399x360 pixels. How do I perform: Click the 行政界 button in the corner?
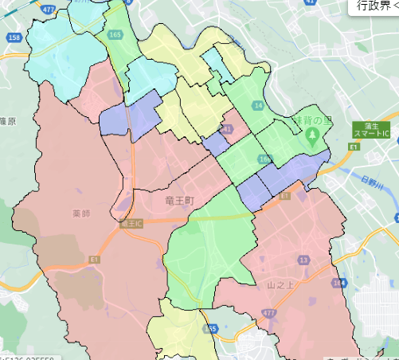pyautogui.click(x=374, y=6)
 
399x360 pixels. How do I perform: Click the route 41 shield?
pyautogui.click(x=229, y=128)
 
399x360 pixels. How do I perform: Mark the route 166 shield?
pyautogui.click(x=264, y=159)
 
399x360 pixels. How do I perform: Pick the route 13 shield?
pyautogui.click(x=303, y=260)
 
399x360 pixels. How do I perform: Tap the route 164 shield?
pyautogui.click(x=339, y=282)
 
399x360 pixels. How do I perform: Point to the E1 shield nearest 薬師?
pyautogui.click(x=95, y=259)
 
